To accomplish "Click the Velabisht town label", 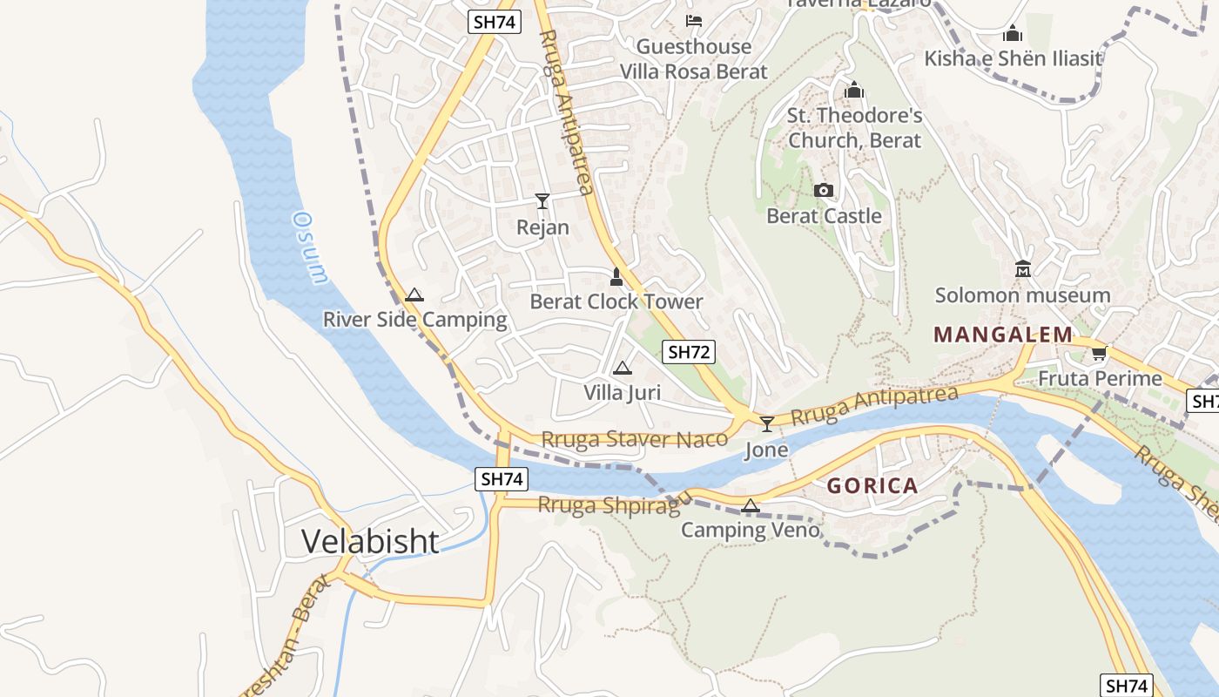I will [x=370, y=541].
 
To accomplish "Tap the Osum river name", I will [x=311, y=247].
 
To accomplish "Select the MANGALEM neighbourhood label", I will [x=1003, y=335].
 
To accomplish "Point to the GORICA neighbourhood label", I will [x=872, y=486].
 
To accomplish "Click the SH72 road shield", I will [x=689, y=352].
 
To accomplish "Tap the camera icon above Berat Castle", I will [x=823, y=191].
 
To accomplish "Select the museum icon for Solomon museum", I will [x=1023, y=269].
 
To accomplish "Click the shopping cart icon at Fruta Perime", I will [x=1099, y=353].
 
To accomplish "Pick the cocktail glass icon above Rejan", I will [x=542, y=201].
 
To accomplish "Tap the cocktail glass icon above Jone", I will [x=767, y=424].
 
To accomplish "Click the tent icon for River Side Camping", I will [x=414, y=294].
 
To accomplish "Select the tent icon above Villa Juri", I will [x=622, y=368].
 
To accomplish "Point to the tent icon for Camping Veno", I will [x=750, y=505].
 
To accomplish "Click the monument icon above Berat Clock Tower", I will [x=616, y=277].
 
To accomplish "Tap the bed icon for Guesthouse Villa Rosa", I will [x=694, y=20].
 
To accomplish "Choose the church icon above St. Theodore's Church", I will [x=854, y=90].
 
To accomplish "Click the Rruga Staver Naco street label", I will [x=634, y=439].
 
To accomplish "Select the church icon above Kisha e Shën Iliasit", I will [x=1013, y=34].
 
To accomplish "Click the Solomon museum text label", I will [x=1022, y=295].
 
